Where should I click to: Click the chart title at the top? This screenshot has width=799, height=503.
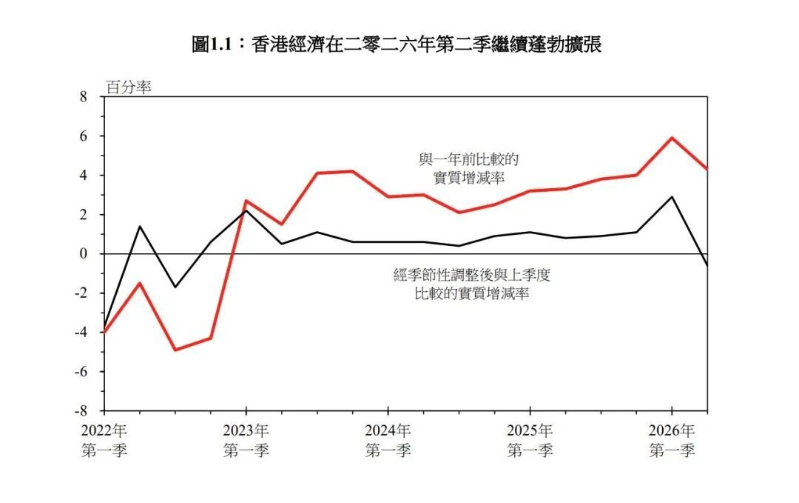tap(397, 44)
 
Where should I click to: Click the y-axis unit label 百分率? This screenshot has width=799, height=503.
tap(129, 87)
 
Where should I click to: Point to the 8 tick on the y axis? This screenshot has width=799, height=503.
tap(84, 97)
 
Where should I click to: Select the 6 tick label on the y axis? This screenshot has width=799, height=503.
tap(84, 136)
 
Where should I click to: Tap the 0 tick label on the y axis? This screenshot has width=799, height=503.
tap(84, 253)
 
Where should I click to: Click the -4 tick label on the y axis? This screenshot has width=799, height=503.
tap(81, 332)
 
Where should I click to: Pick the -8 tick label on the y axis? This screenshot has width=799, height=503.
tap(81, 410)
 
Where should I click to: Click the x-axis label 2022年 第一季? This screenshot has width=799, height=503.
tap(104, 441)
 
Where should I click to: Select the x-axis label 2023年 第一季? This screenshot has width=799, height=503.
tap(246, 441)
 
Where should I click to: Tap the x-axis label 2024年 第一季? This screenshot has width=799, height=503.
tap(388, 441)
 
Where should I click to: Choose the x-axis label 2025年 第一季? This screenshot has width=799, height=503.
tap(530, 441)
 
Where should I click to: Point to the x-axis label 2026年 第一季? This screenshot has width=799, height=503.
tap(672, 441)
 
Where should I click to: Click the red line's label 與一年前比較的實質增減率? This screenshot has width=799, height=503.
tap(469, 169)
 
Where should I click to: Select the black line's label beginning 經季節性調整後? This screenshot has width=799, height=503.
tap(472, 284)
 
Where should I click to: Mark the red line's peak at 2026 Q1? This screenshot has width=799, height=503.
tap(672, 138)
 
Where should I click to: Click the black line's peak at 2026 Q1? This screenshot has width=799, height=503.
tap(672, 197)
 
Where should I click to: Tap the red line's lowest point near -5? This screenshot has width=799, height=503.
tap(175, 350)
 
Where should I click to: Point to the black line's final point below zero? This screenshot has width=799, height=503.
tap(707, 265)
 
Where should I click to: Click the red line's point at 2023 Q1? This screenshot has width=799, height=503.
tap(246, 201)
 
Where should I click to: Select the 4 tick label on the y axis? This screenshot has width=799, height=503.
tap(84, 175)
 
